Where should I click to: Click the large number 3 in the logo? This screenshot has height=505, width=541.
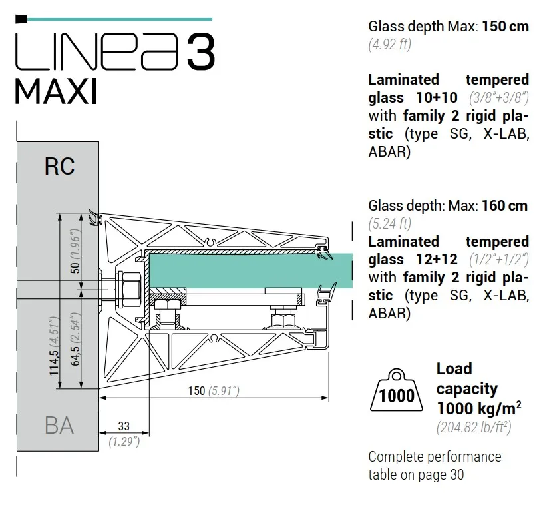point(201,52)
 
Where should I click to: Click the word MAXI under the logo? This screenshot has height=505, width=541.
point(55,91)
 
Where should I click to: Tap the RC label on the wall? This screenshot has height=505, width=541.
point(59,166)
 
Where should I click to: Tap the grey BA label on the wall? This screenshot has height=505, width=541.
point(59,426)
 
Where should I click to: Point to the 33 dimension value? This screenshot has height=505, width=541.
point(124,426)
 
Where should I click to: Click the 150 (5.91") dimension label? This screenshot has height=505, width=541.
point(214,390)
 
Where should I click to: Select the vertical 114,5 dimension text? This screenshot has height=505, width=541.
point(54,346)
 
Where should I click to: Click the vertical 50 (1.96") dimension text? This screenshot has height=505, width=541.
point(75,251)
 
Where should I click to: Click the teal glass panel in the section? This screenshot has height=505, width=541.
point(251,270)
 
